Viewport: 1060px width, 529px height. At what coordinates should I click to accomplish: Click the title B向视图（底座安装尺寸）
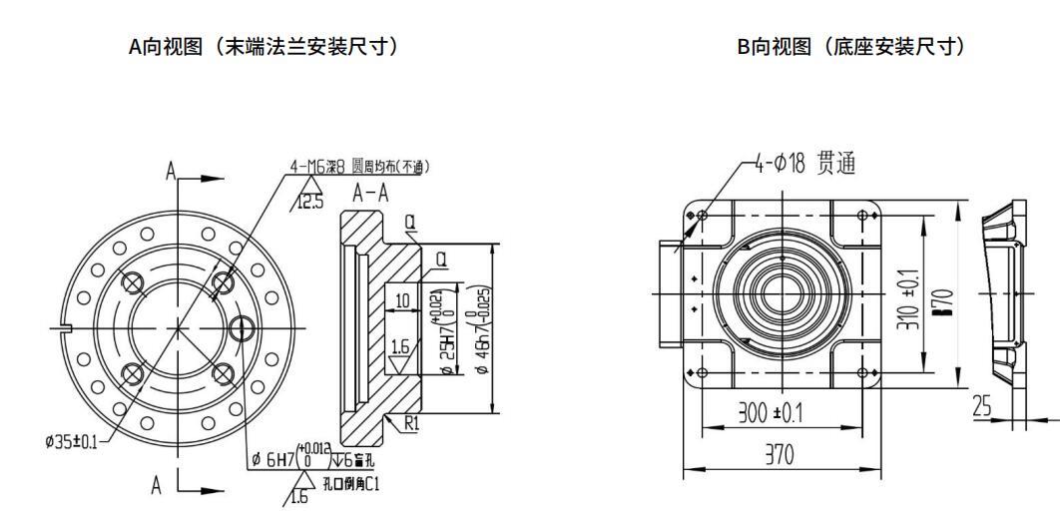(851, 46)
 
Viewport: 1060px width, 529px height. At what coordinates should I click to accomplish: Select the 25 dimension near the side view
(983, 405)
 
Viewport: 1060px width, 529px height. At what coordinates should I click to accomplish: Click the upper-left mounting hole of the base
(703, 216)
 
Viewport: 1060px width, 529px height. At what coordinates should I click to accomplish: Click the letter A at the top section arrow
(171, 172)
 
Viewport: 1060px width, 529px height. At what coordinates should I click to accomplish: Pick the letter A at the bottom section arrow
(157, 485)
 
